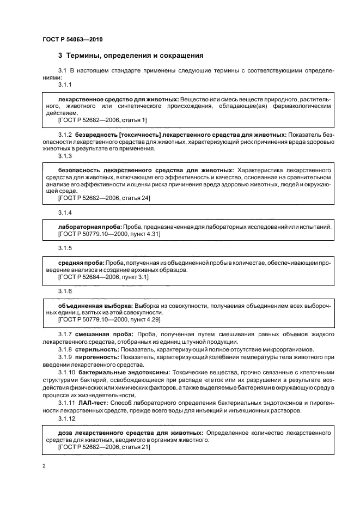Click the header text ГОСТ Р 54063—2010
coord(72,40)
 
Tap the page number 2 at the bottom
coord(44,466)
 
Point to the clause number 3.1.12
coord(67,420)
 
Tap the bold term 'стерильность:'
coord(96,349)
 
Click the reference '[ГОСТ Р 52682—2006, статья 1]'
coord(102,120)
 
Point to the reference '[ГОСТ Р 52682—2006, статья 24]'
coord(103,198)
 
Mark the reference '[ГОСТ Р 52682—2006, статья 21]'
coord(103,447)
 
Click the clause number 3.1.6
coord(65,291)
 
